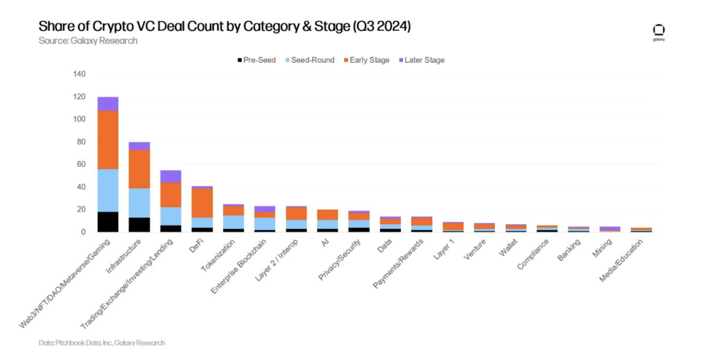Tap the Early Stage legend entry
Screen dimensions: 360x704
click(x=366, y=60)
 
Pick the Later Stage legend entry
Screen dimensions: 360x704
click(x=421, y=60)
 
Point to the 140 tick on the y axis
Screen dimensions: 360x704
click(x=79, y=74)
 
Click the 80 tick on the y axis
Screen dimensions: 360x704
click(x=81, y=142)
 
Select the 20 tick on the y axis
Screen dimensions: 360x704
click(x=81, y=209)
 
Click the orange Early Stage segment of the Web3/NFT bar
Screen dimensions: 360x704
click(x=108, y=139)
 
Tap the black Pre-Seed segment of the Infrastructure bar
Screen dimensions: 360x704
click(x=139, y=224)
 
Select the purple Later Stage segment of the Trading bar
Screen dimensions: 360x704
click(x=170, y=176)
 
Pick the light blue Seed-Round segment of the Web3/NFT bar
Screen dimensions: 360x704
click(x=108, y=190)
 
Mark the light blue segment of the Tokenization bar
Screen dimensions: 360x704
click(x=234, y=221)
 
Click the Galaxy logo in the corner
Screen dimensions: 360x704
click(x=659, y=32)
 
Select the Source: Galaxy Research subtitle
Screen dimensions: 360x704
click(x=87, y=41)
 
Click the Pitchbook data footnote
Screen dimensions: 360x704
click(x=102, y=343)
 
